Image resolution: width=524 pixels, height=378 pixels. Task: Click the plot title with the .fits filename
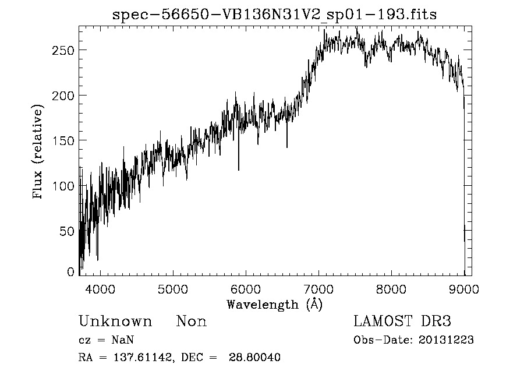pos(274,15)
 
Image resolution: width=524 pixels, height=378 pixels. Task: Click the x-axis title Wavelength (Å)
pos(274,304)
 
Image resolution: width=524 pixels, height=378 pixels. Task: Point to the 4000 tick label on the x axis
pos(100,289)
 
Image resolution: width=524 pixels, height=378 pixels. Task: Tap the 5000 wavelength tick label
pos(172,289)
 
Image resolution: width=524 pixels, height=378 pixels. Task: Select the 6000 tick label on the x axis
pos(245,289)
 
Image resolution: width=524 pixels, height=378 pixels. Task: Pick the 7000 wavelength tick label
pos(318,289)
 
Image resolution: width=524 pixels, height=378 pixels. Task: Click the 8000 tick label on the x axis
pos(391,289)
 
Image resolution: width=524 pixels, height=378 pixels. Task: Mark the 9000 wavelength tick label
pos(463,289)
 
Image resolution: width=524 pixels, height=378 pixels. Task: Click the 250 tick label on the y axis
pos(62,50)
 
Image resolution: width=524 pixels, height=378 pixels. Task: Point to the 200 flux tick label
pos(62,96)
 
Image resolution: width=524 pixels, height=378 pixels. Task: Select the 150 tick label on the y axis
pos(62,141)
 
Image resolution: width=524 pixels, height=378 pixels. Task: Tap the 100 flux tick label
pos(62,186)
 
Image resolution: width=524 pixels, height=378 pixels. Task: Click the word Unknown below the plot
pos(115,322)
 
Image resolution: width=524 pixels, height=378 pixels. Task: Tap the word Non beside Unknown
pos(192,322)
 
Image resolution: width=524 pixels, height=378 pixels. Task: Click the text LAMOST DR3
pos(402,322)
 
